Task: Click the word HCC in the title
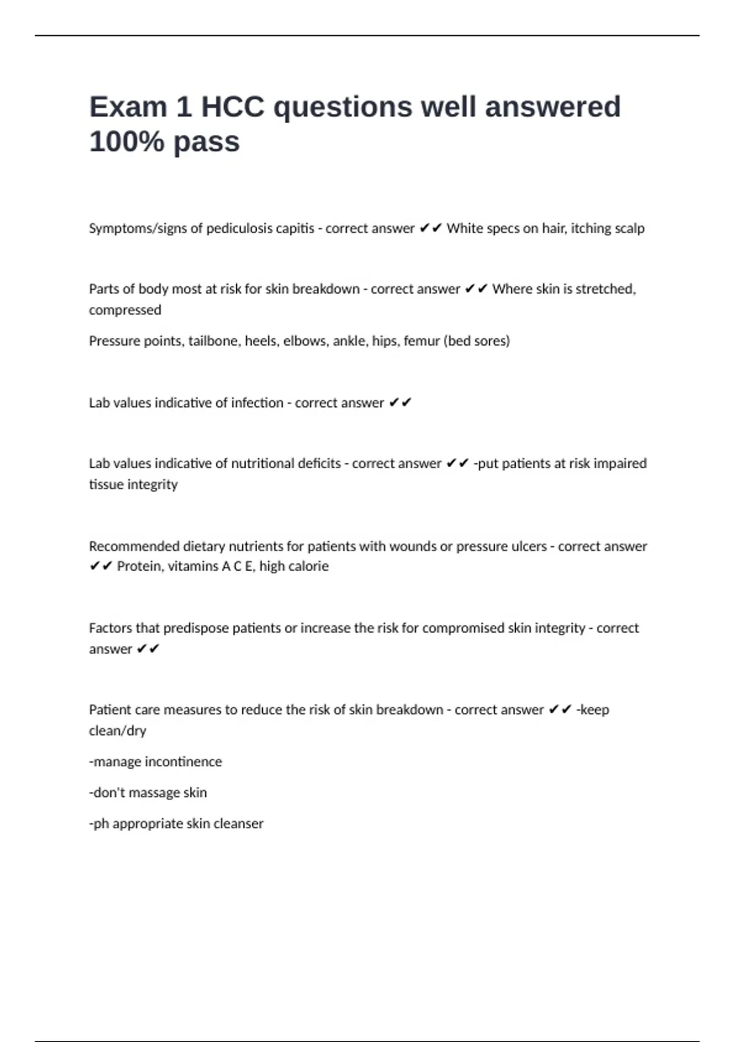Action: (x=233, y=107)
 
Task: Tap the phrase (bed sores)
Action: (x=477, y=341)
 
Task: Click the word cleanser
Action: (x=238, y=824)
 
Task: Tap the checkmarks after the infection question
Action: (x=400, y=403)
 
